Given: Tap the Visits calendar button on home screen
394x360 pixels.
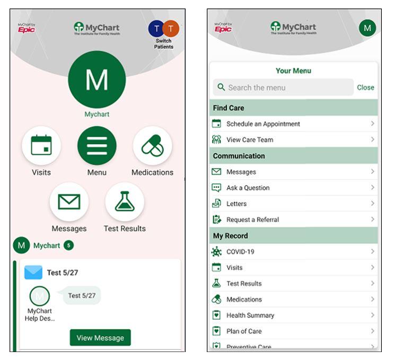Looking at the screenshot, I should click(41, 146).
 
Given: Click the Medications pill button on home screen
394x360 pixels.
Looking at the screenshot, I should click(152, 146).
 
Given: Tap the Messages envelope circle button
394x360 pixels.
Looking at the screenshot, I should click(69, 202).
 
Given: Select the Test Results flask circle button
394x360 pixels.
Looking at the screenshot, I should click(125, 202).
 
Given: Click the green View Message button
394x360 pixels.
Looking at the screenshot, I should click(100, 338).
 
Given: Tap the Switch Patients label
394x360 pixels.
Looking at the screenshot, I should click(164, 43).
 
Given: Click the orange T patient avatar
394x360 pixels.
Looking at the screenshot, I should click(171, 29).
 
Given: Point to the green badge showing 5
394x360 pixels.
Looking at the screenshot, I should click(68, 245).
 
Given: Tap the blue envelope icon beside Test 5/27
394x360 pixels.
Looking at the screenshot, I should click(33, 273).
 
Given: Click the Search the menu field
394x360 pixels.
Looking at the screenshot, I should click(283, 87).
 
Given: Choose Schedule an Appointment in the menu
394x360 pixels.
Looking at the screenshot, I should click(264, 124).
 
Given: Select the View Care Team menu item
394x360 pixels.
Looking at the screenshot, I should click(250, 139).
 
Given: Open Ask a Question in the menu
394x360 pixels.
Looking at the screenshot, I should click(248, 188).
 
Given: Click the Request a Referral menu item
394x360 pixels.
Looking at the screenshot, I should click(252, 219).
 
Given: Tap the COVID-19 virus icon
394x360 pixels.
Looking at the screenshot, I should click(216, 252).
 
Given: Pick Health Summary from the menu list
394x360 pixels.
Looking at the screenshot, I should click(250, 315).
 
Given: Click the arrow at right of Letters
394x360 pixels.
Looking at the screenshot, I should click(373, 204).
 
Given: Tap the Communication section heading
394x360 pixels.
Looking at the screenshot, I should click(239, 156).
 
